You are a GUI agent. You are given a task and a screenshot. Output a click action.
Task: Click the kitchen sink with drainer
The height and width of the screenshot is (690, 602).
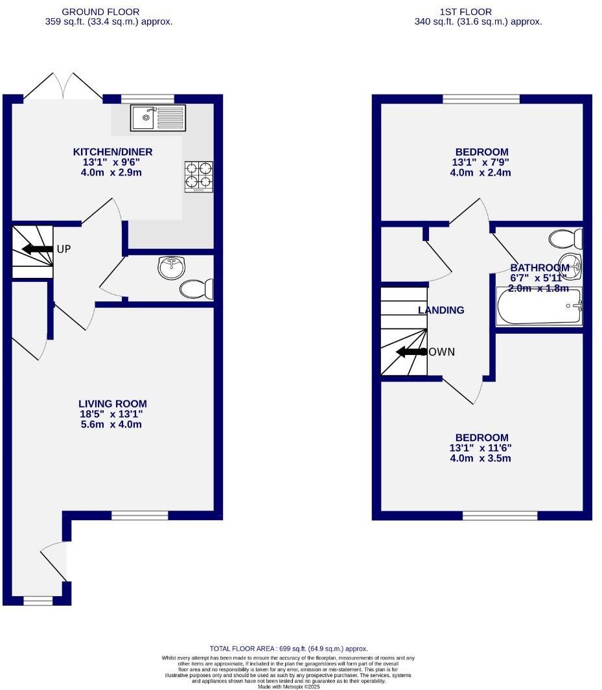tap(158, 117)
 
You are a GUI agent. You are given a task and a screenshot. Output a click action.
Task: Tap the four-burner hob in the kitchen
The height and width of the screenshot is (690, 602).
tap(199, 176)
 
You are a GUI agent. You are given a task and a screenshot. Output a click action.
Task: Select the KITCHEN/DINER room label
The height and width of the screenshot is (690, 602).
tap(113, 152)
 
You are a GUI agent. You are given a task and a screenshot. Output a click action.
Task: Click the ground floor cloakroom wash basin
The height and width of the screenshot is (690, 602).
tap(172, 267)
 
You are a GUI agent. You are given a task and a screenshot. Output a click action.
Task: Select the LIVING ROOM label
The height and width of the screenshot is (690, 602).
tap(113, 404)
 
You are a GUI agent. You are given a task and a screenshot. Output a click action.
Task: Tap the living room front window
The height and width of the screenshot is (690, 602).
tap(139, 515)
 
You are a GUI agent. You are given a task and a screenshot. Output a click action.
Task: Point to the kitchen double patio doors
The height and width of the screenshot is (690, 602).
tap(63, 87)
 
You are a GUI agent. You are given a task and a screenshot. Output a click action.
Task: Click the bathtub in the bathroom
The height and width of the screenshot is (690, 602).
tap(539, 307)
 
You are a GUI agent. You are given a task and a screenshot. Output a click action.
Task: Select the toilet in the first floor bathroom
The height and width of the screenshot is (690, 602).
tap(565, 239)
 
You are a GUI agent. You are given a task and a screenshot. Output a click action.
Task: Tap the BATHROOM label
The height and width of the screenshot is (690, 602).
tap(540, 268)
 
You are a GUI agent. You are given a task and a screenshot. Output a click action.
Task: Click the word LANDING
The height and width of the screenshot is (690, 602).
tap(441, 310)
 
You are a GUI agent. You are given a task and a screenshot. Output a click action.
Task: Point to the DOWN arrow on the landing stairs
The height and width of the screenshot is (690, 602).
tap(408, 352)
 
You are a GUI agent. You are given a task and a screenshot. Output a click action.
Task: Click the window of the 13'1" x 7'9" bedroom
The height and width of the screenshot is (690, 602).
tap(481, 99)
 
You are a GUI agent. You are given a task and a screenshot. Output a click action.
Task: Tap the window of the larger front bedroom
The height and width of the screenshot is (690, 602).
tap(500, 516)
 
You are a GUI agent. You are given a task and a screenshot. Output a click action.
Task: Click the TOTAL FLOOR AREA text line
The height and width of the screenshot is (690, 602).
tap(288, 649)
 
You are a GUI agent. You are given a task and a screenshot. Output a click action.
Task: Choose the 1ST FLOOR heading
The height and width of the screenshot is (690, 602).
tap(465, 12)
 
